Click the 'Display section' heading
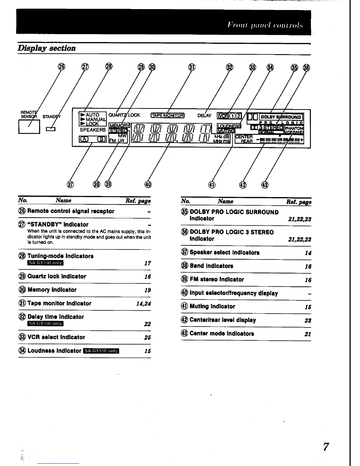click(47, 48)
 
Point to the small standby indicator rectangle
click(51, 129)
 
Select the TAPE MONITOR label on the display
click(167, 115)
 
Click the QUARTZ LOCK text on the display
click(124, 115)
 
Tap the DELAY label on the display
click(204, 116)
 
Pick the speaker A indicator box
click(84, 139)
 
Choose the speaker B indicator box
click(101, 139)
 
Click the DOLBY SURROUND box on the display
click(281, 117)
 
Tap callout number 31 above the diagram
click(191, 67)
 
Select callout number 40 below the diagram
click(148, 184)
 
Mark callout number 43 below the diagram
click(265, 184)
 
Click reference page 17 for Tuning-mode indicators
click(148, 263)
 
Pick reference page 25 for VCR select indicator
click(148, 337)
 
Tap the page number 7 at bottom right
click(326, 447)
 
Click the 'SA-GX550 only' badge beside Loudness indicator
click(101, 351)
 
